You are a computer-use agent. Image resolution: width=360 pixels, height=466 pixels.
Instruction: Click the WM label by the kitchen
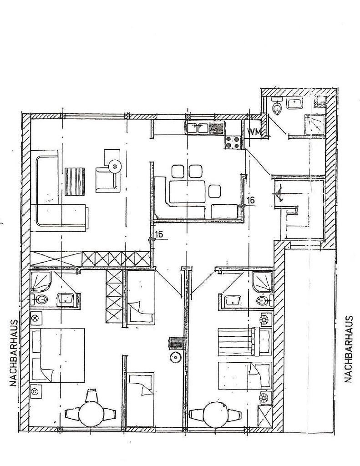pyautogui.click(x=254, y=131)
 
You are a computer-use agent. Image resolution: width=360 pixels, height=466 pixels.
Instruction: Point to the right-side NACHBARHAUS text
pyautogui.click(x=349, y=349)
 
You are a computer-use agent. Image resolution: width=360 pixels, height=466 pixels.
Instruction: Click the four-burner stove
pyautogui.click(x=233, y=142)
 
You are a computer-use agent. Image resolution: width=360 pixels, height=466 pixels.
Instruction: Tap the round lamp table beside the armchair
pyautogui.click(x=115, y=166)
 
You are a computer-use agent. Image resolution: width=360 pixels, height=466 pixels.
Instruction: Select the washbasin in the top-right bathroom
pyautogui.click(x=294, y=104)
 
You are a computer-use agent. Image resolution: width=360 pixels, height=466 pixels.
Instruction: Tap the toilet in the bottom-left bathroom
pyautogui.click(x=39, y=299)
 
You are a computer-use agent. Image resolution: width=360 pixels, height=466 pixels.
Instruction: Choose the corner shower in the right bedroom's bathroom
pyautogui.click(x=262, y=281)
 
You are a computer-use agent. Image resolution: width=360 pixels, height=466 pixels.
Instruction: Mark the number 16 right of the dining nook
pyautogui.click(x=251, y=200)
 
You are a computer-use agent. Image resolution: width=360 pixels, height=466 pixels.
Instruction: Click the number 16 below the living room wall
pyautogui.click(x=159, y=234)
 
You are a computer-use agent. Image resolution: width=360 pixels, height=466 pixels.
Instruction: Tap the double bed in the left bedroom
pyautogui.click(x=58, y=355)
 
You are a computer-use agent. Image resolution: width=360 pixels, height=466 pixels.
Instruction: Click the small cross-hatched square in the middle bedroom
pyautogui.click(x=175, y=343)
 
